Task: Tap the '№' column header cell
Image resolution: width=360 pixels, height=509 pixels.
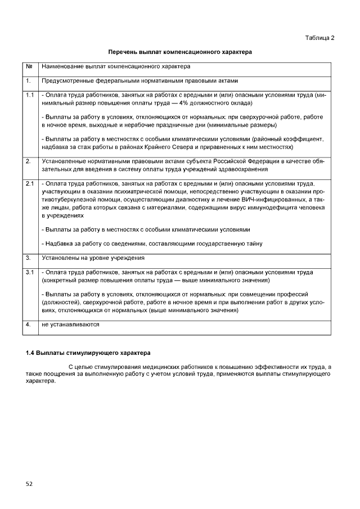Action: (29, 67)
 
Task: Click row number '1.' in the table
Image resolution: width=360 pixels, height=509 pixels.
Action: (28, 81)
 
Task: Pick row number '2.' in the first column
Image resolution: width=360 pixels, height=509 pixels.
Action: (28, 161)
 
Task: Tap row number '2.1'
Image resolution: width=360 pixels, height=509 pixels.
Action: (30, 183)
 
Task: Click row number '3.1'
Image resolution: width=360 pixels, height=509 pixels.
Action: (30, 272)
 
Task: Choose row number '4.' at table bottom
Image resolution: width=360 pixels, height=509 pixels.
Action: (28, 325)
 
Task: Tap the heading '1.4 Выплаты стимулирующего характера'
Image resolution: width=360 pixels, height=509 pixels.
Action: (88, 353)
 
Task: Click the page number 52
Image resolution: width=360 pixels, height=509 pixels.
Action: (29, 483)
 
